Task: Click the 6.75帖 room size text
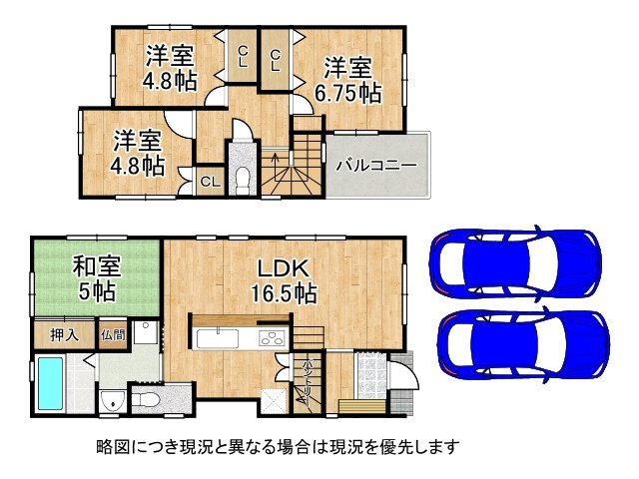pos(350,94)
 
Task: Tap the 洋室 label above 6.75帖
pos(349,68)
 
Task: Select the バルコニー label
pos(375,165)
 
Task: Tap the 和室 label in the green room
pos(96,267)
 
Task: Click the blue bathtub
pos(50,383)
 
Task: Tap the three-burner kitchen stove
pos(271,339)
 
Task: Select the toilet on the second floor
pos(242,176)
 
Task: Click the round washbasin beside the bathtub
pos(110,401)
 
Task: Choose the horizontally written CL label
pos(210,182)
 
